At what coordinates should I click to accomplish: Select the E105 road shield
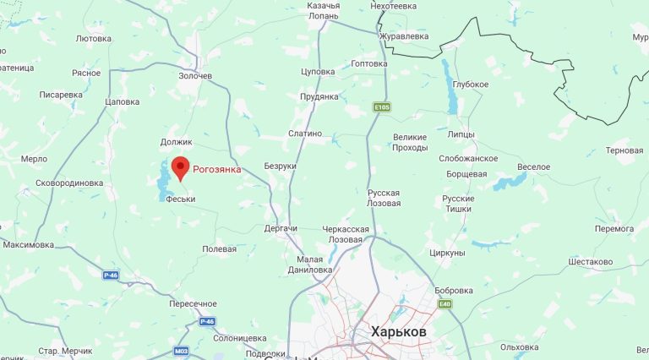coord(382,107)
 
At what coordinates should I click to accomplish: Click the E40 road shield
coord(445,304)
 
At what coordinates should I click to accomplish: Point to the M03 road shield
coord(182,351)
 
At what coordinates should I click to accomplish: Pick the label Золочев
coord(195,76)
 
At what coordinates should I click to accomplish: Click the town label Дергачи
coord(281,229)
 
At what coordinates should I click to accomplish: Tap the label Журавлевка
coord(404,36)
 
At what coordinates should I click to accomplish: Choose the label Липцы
coord(462,134)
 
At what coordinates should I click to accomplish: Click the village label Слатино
coord(305,134)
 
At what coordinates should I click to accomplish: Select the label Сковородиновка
coord(69,183)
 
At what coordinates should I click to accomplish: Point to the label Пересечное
coord(193,303)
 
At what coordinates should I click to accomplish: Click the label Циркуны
coord(447,253)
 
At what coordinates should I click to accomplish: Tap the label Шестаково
coord(591,262)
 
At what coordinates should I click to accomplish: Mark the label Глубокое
coord(471,85)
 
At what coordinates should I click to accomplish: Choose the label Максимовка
coord(29,245)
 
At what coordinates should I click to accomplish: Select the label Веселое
coord(533,166)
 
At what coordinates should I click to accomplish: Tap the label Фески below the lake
coord(181,199)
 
